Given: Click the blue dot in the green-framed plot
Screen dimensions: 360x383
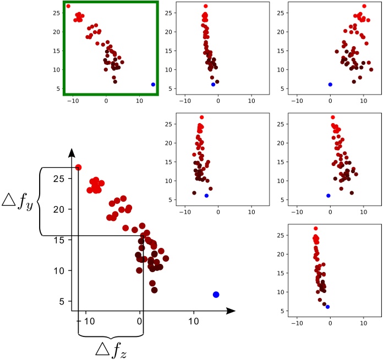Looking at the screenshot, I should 153,85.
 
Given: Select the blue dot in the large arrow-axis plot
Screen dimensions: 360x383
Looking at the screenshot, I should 216,295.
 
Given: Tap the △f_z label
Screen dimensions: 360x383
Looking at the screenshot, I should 110,348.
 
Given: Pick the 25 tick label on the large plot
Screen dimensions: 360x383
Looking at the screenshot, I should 58,179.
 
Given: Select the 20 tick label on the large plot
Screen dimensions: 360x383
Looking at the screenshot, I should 58,209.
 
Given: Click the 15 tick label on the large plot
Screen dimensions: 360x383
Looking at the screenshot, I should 58,240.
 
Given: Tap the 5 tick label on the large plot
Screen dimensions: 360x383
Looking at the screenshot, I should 61,301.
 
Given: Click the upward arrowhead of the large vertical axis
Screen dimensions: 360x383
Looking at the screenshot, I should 72,152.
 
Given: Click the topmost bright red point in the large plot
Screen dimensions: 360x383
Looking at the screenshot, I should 78,167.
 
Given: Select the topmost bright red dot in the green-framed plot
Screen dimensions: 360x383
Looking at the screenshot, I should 68,7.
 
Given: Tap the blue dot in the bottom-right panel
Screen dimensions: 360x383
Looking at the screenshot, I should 327,307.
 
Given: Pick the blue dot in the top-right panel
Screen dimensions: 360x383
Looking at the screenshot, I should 330,85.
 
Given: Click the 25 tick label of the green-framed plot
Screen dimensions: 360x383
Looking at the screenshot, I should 55,13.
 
